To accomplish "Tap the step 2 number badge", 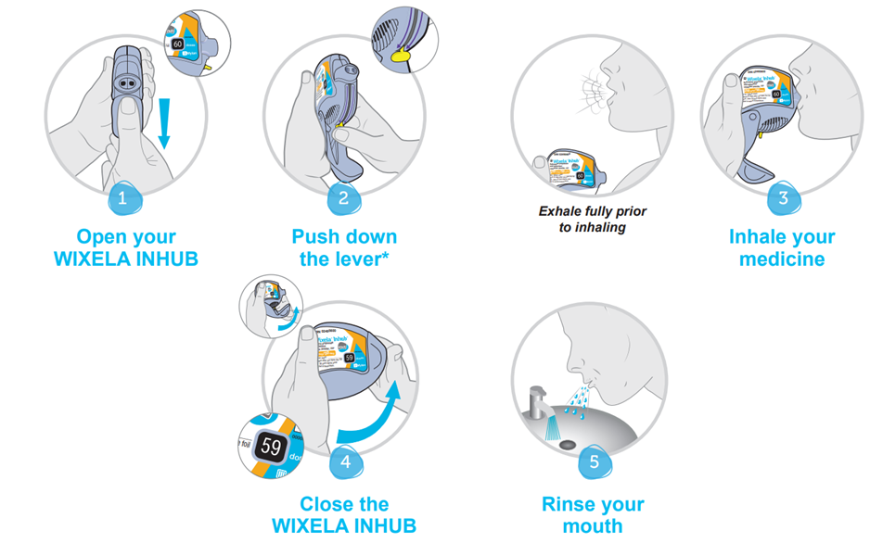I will pos(344,197).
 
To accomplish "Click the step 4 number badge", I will pos(345,461).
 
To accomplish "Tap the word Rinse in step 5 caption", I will pos(569,505).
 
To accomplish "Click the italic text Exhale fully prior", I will pos(593,211).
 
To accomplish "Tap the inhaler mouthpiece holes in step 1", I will pos(125,82).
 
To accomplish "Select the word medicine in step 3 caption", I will pos(782,259).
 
